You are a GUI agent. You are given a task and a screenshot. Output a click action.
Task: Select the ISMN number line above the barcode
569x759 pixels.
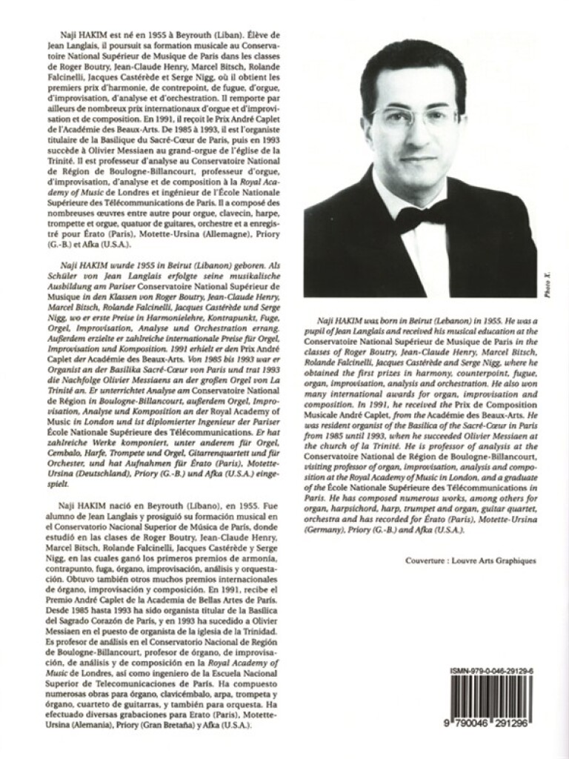coord(495,670)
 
